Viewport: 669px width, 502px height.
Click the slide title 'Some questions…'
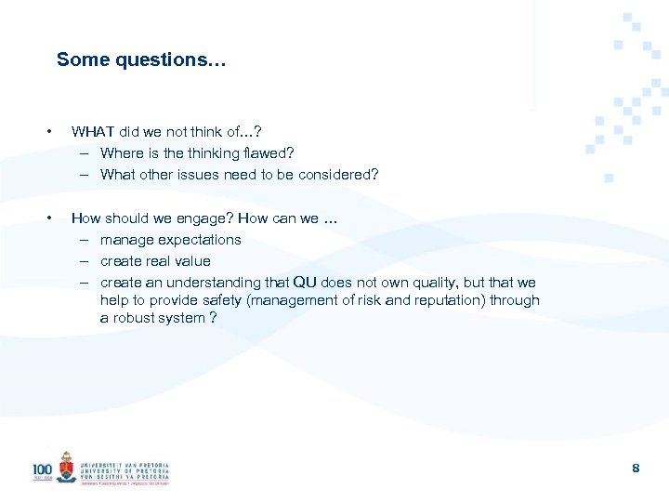[x=141, y=59]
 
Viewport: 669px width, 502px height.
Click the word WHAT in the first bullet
[x=93, y=131]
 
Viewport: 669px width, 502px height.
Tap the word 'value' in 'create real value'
[x=193, y=261]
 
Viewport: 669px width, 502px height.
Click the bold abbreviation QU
[x=305, y=283]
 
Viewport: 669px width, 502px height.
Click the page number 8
[x=636, y=469]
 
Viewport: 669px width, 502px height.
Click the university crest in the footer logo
[x=66, y=468]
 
